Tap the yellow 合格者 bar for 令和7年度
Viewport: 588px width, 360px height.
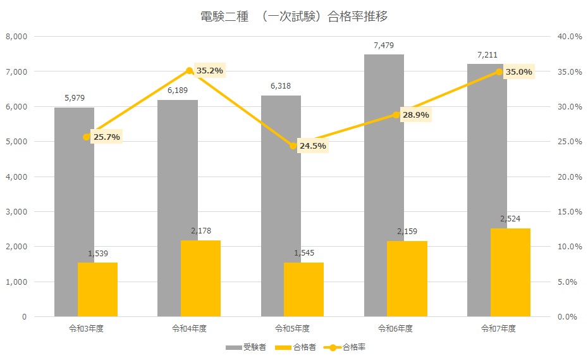point(511,272)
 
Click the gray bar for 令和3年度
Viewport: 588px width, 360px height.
point(66,209)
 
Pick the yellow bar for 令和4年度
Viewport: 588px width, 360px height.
point(200,278)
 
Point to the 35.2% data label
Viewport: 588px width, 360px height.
point(210,71)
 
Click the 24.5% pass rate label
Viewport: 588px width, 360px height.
point(313,146)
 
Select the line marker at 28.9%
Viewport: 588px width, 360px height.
point(396,115)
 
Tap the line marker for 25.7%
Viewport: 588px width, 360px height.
point(87,137)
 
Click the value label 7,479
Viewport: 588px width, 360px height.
point(384,45)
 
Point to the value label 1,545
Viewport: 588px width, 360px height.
point(304,253)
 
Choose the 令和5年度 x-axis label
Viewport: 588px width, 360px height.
point(293,329)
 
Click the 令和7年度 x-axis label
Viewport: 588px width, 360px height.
point(499,329)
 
